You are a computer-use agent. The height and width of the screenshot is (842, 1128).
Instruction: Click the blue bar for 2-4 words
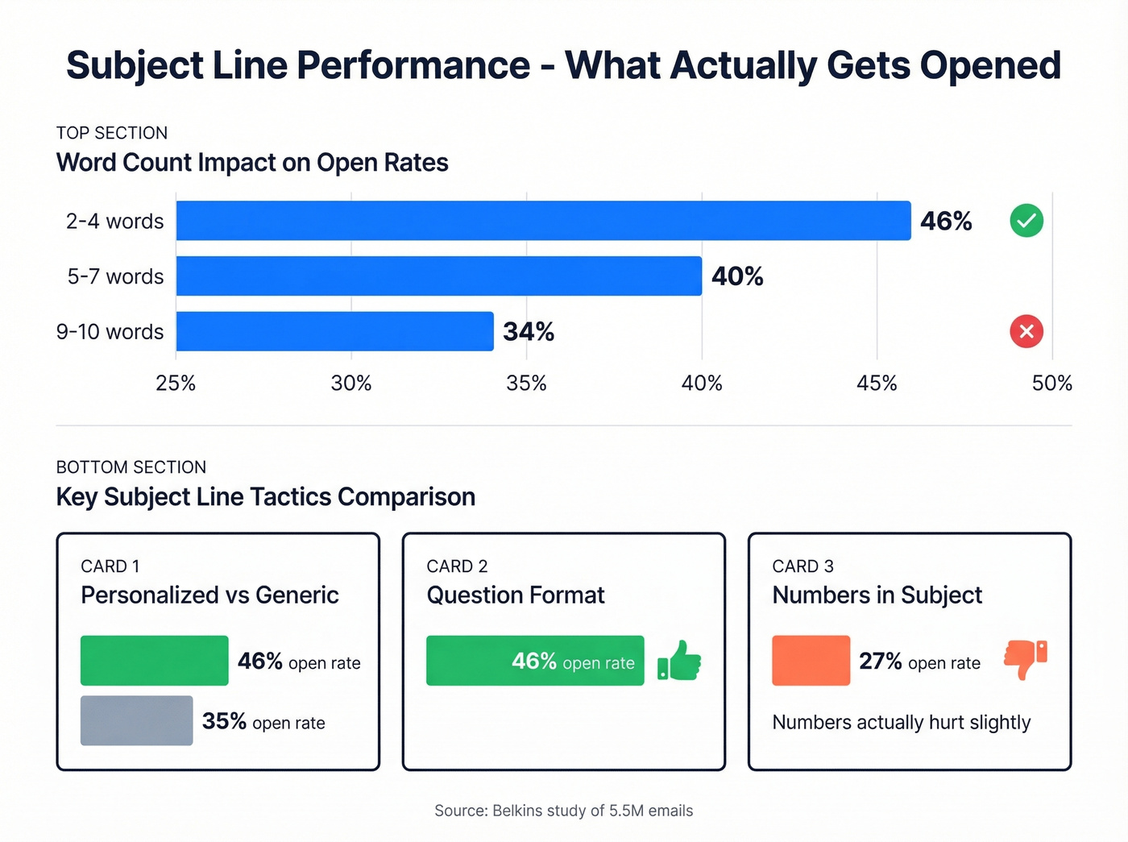click(x=543, y=221)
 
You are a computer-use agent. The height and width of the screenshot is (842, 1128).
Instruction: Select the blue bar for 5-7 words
click(x=438, y=276)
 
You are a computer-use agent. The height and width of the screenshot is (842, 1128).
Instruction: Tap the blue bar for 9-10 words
click(x=334, y=331)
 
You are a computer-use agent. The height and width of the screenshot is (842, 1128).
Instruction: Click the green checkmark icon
click(x=1026, y=221)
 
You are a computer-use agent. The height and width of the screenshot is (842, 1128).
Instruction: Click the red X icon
click(x=1026, y=331)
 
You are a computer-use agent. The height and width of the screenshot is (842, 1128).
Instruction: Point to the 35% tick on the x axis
click(x=526, y=384)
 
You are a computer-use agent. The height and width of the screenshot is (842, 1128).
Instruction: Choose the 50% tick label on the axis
click(x=1051, y=384)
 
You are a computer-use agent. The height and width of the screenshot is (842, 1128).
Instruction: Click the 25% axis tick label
click(x=176, y=384)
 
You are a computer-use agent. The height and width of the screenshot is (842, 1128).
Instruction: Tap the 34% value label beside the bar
click(x=529, y=332)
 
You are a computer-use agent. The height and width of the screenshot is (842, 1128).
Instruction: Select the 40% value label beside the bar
click(x=737, y=276)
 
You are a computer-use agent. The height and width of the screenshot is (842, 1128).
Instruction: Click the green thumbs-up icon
click(x=680, y=661)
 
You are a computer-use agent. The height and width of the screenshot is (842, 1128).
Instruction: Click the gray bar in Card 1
click(x=136, y=720)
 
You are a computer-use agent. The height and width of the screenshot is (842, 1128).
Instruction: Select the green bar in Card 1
click(x=154, y=661)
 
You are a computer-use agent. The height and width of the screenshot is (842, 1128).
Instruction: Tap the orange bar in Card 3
click(x=811, y=661)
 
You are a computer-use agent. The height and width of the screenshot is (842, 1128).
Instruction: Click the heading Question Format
click(x=515, y=595)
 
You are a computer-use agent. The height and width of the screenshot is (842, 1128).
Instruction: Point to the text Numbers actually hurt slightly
click(x=901, y=723)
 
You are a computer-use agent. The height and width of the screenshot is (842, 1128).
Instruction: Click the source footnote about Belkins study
click(x=563, y=811)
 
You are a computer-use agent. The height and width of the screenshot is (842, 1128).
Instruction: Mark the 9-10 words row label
click(x=110, y=332)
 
